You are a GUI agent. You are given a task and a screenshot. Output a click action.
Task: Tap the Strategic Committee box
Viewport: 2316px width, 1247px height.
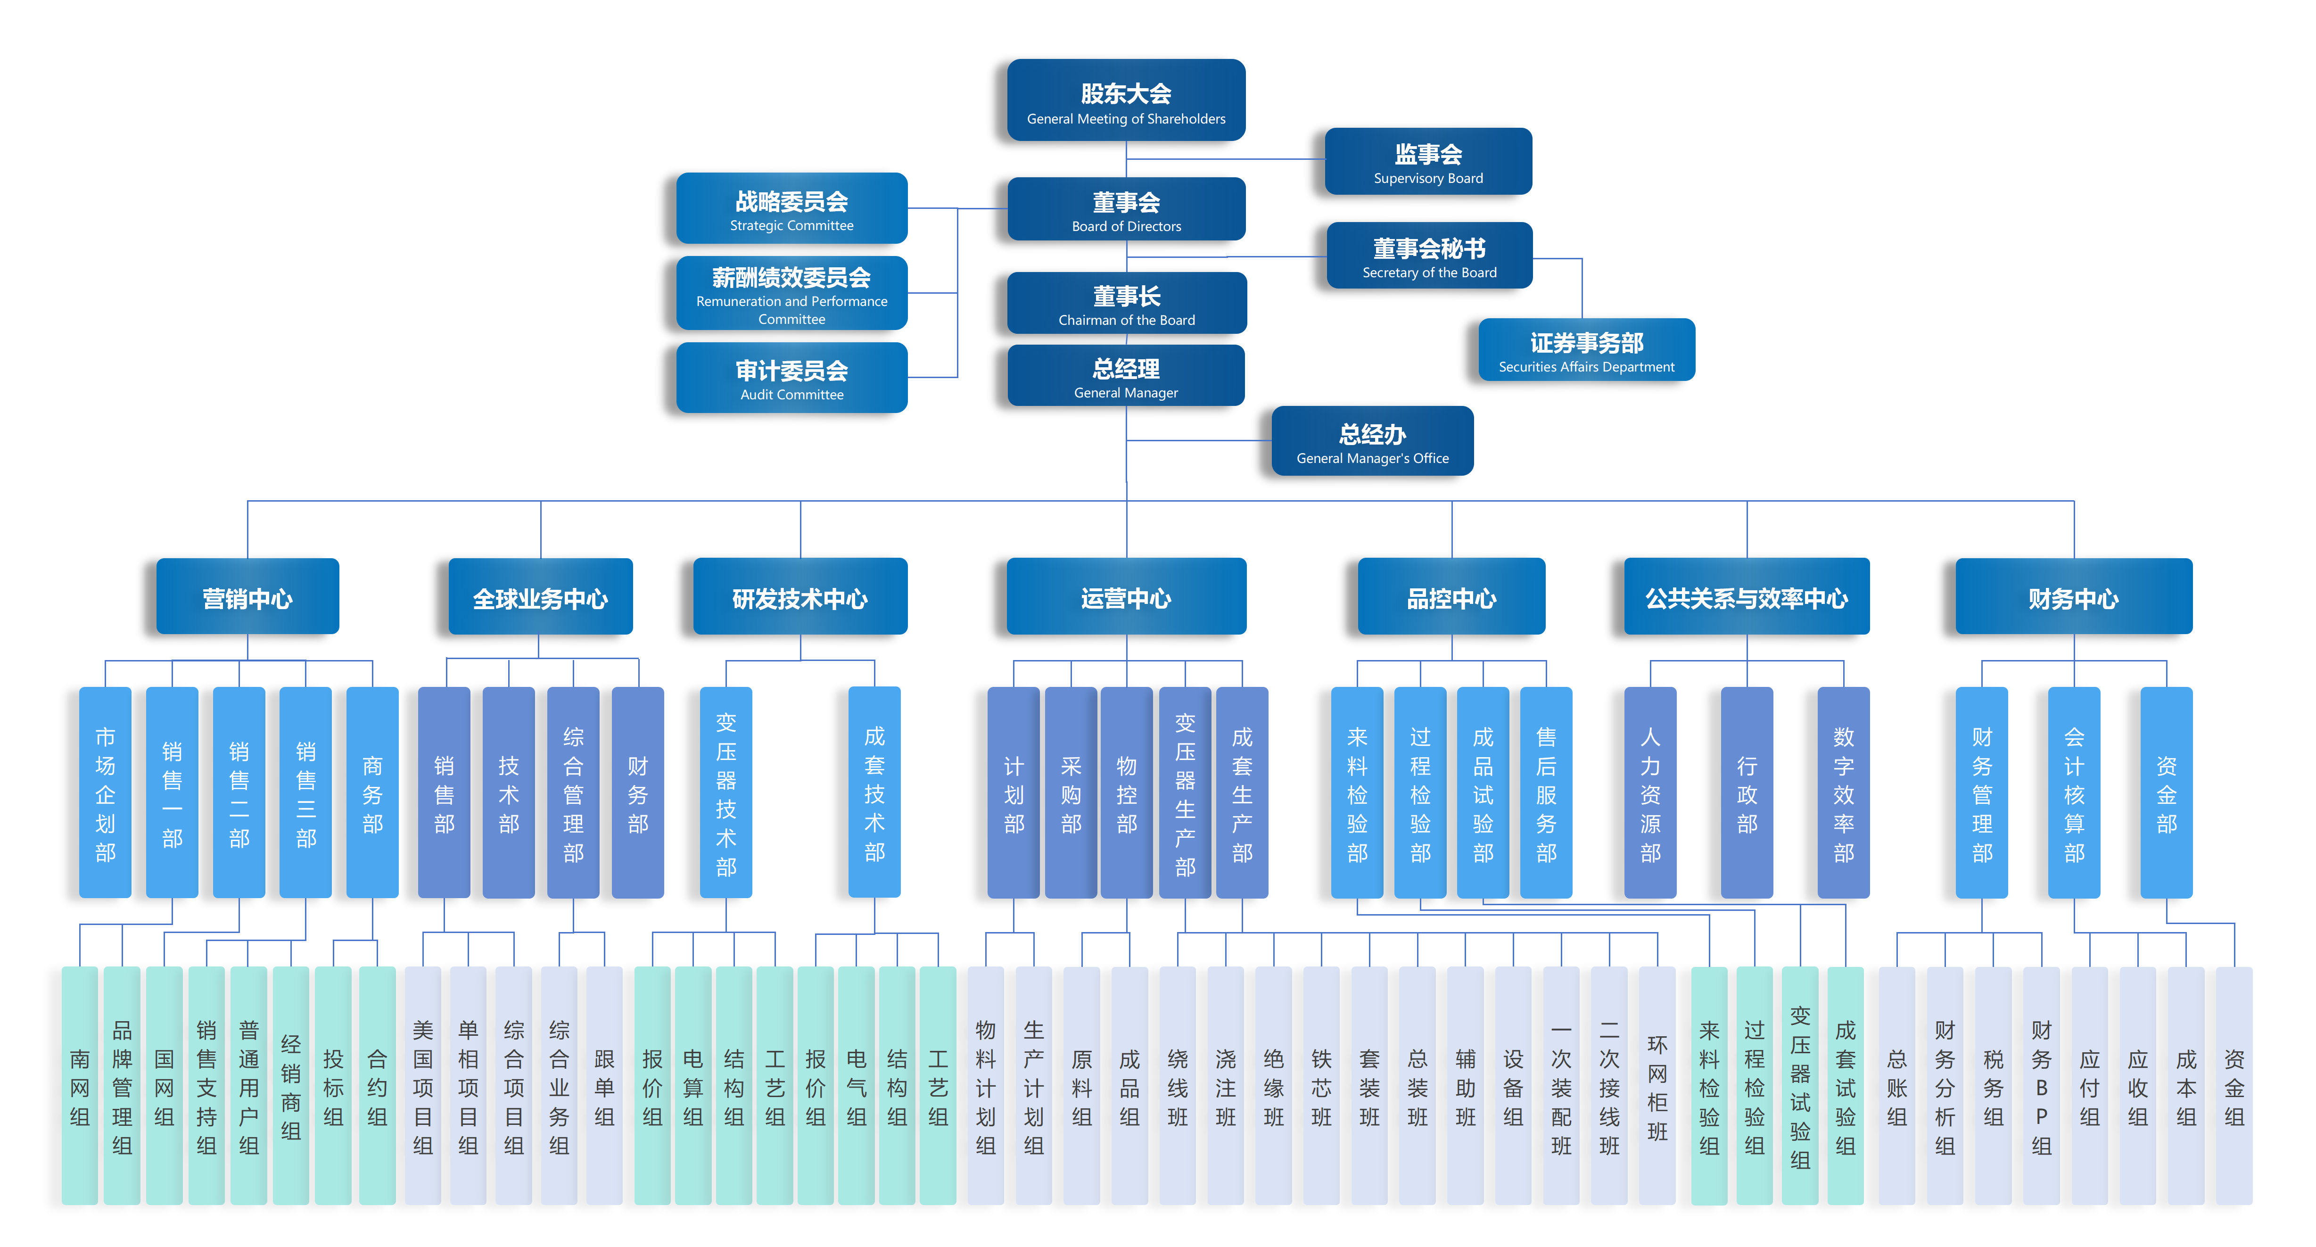[791, 208]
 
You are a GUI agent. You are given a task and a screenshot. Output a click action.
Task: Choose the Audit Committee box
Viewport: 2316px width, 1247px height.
[791, 378]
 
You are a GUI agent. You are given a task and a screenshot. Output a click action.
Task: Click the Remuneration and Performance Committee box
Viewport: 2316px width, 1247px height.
[791, 294]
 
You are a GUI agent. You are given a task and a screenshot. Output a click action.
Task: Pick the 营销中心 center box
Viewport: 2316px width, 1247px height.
[247, 597]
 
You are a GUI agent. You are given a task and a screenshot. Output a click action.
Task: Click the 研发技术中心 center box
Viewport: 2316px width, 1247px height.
[799, 597]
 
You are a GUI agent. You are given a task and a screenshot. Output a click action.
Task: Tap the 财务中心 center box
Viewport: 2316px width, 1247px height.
[2073, 597]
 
